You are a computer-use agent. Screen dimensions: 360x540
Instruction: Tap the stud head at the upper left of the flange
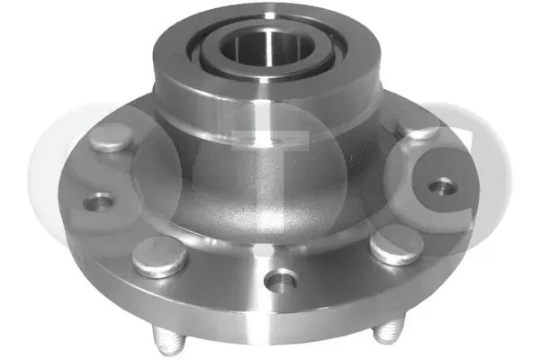click(110, 137)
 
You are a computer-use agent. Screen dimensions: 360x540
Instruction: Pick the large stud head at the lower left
click(159, 256)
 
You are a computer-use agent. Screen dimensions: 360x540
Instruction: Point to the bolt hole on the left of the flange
click(100, 202)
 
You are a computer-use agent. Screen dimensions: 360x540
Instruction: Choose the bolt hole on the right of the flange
click(441, 187)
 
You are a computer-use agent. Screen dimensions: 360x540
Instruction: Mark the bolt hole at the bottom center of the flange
click(282, 281)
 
